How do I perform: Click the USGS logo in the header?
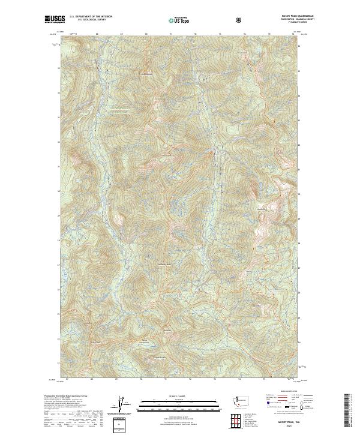click(54, 20)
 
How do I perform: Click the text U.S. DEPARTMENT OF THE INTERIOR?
click(90, 17)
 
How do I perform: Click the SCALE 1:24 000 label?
click(170, 395)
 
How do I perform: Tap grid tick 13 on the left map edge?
click(58, 363)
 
